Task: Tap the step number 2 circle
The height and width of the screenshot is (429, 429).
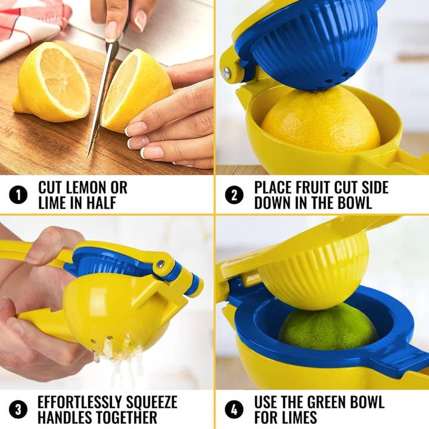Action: (234, 195)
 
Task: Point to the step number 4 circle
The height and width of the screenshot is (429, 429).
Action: (234, 409)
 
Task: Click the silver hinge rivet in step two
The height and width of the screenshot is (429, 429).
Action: (227, 73)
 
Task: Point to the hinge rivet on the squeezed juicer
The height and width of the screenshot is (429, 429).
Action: (161, 264)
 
